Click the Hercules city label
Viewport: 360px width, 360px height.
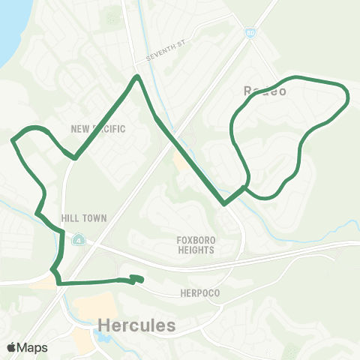tap(136, 325)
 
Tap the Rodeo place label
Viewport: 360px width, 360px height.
tap(260, 90)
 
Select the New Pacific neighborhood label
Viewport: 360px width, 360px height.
tap(97, 129)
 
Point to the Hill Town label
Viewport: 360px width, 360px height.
tap(85, 218)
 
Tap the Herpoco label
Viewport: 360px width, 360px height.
tap(200, 292)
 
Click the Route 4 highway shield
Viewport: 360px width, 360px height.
tap(78, 240)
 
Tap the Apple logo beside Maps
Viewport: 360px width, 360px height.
tap(11, 347)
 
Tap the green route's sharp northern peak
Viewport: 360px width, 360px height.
tap(136, 76)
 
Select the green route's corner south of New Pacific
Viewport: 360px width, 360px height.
tap(74, 157)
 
